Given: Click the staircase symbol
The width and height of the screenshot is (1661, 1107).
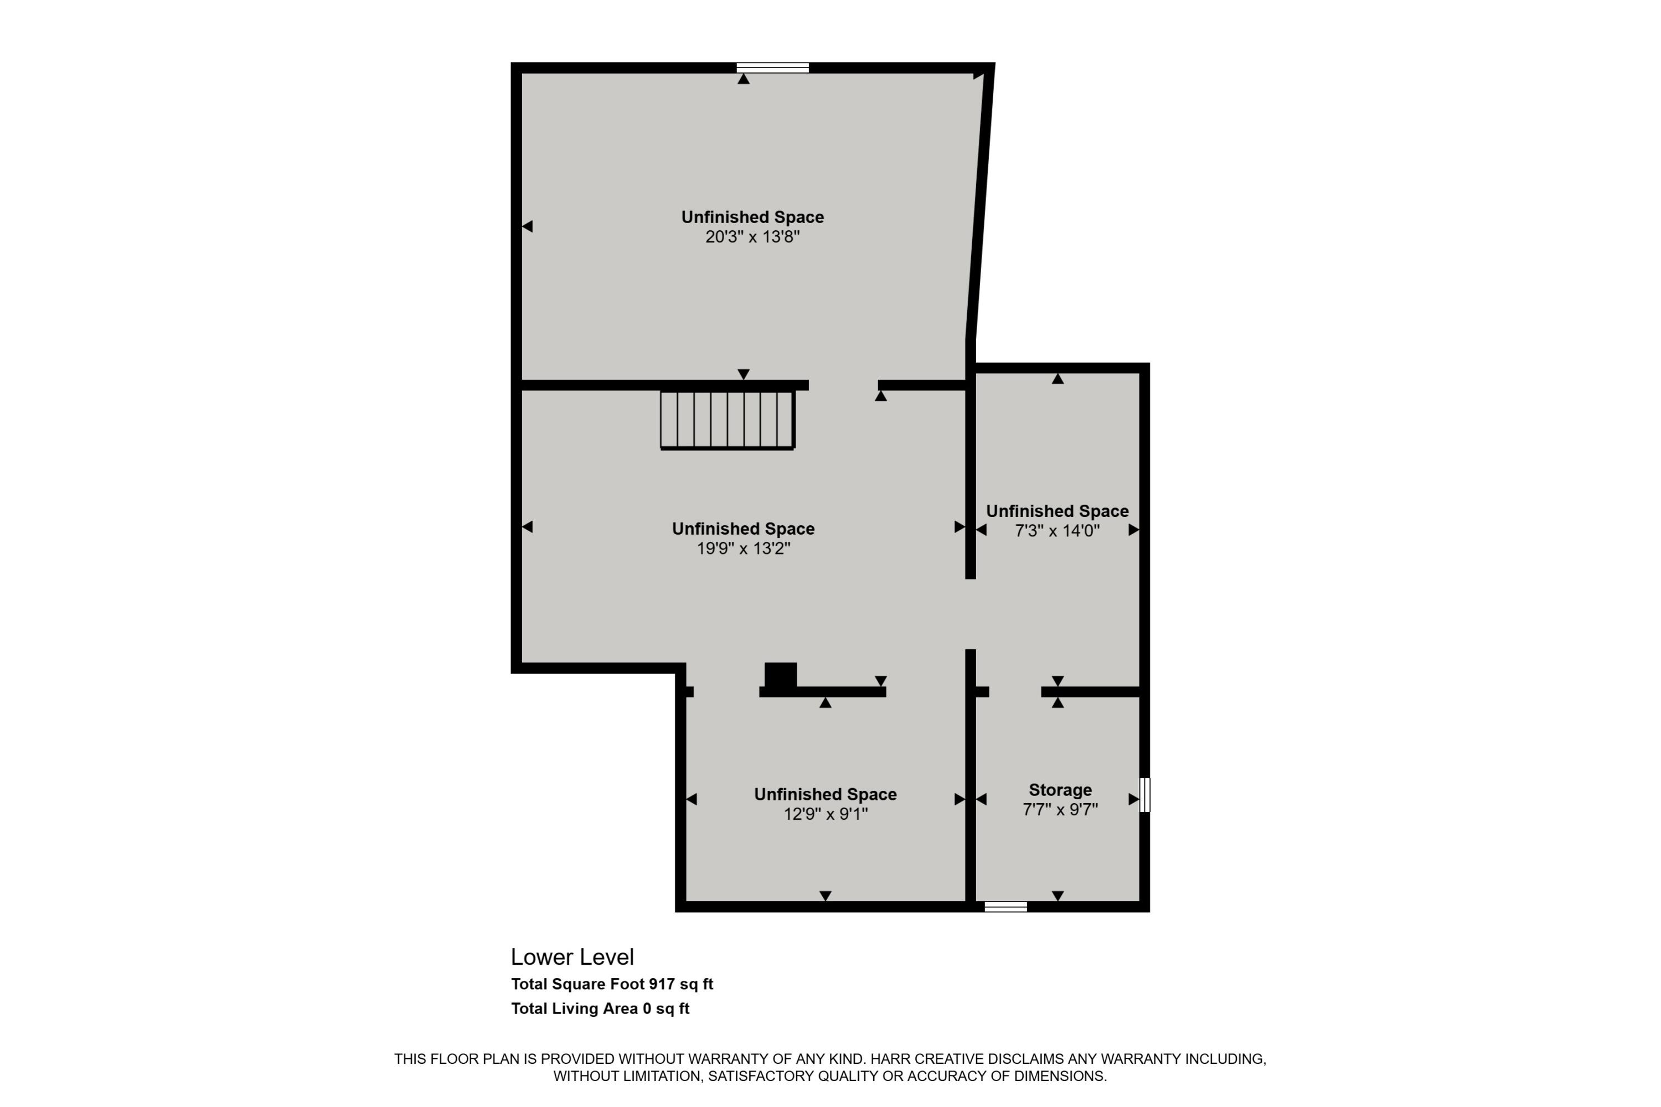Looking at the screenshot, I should click(728, 420).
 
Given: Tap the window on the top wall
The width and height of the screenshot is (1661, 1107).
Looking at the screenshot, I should click(772, 68).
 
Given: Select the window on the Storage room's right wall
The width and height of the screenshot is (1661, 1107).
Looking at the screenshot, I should click(1145, 795).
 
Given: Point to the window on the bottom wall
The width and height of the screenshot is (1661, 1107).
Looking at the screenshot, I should click(1005, 907).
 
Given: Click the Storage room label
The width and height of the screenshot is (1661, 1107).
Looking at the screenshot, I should click(1060, 790).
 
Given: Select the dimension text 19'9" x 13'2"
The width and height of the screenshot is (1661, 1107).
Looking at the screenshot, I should click(743, 549).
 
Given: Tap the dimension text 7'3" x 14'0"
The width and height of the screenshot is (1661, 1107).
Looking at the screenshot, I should click(1057, 531).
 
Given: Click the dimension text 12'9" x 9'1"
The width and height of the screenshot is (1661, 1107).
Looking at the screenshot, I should click(825, 814).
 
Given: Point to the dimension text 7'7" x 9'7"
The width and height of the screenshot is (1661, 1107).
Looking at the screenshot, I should click(1060, 810).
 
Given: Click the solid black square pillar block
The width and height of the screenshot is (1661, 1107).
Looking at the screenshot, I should click(780, 675).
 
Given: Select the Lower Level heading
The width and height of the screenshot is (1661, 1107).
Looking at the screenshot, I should click(572, 958).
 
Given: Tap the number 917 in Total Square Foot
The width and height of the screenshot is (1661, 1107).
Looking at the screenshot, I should click(662, 984).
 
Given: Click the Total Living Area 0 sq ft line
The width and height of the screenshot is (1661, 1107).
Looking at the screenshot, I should click(600, 1009).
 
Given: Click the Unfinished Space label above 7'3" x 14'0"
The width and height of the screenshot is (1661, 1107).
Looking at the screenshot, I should click(1057, 511).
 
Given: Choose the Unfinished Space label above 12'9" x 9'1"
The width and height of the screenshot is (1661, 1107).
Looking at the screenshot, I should click(825, 794).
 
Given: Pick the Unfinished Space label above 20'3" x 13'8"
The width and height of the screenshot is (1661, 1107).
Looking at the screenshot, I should click(752, 218).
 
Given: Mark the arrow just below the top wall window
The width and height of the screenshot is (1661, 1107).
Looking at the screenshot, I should click(743, 79).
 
